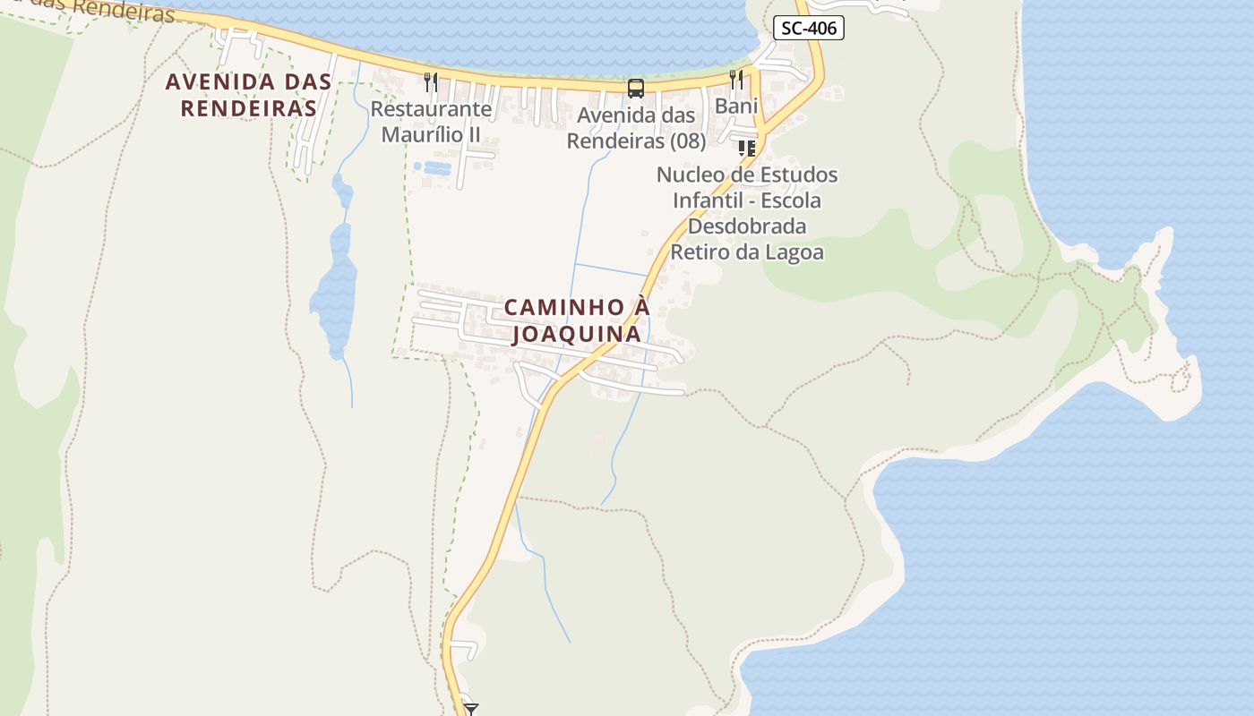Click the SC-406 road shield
coord(809,28)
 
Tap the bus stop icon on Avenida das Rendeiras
coord(635,88)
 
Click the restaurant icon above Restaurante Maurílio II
coord(431,82)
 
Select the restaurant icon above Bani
coord(736,80)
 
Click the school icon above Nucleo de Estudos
coord(746,148)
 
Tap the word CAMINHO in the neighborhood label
coord(563,307)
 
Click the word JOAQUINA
coord(576,334)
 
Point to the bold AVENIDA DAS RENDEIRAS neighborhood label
coord(248,95)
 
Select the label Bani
coord(736,107)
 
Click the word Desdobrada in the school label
coord(747,226)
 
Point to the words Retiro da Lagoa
coord(747,251)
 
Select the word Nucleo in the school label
coord(691,174)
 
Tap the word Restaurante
coord(431,109)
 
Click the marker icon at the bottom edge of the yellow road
coord(470,709)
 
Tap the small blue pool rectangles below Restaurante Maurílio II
coord(434,167)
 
